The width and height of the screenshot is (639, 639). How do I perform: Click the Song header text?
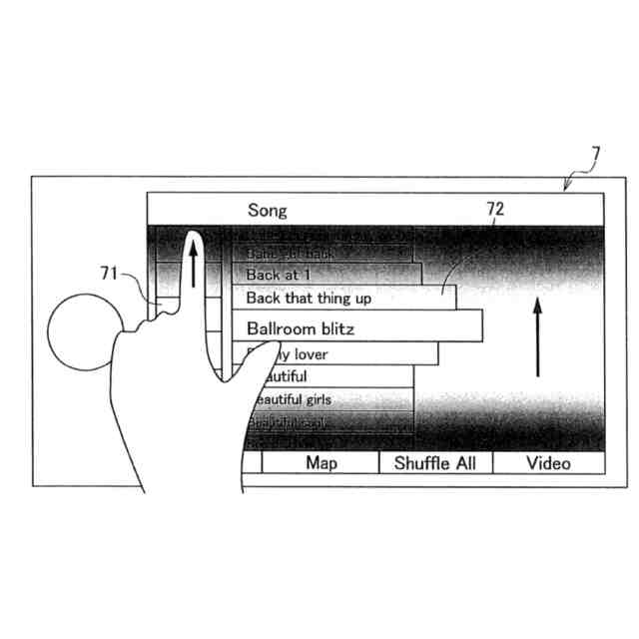pos(267,211)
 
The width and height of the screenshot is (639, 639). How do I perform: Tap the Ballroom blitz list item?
pos(300,327)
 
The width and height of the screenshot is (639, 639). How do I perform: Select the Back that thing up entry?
pos(309,298)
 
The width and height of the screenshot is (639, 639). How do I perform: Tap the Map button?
pos(320,463)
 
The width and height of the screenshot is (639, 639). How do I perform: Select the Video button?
pos(548,463)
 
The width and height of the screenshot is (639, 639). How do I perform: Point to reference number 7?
pos(595,155)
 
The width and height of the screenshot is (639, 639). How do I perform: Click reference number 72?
pos(495,210)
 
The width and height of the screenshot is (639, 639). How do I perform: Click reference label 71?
pos(109,272)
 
